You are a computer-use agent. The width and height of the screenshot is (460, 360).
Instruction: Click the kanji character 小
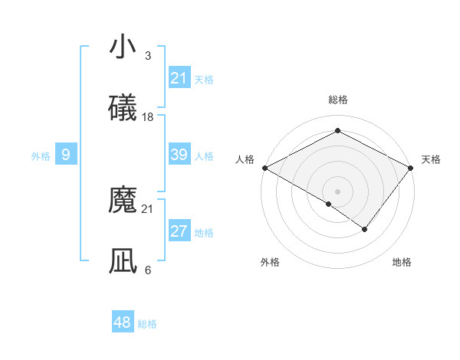pyautogui.click(x=123, y=47)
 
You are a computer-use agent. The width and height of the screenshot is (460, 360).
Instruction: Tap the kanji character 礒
pyautogui.click(x=123, y=108)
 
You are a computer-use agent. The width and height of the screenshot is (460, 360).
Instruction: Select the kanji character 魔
pyautogui.click(x=123, y=201)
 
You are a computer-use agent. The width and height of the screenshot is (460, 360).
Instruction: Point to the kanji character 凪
pyautogui.click(x=123, y=261)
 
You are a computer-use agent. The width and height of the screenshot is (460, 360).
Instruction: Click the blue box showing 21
pyautogui.click(x=179, y=78)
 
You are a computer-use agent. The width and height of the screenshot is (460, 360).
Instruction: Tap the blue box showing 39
pyautogui.click(x=179, y=155)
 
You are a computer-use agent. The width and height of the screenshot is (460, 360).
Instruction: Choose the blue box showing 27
pyautogui.click(x=179, y=231)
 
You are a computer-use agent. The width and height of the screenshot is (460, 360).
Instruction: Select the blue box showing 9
pyautogui.click(x=66, y=155)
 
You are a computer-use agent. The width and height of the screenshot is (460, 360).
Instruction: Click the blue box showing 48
pyautogui.click(x=123, y=322)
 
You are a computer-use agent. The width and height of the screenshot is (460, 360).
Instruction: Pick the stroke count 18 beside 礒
pyautogui.click(x=148, y=117)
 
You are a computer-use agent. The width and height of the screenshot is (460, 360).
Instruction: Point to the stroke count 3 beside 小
pyautogui.click(x=148, y=56)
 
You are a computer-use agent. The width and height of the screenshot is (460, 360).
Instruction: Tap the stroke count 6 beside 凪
pyautogui.click(x=148, y=270)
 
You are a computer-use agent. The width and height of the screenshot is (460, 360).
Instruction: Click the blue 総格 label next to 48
pyautogui.click(x=147, y=324)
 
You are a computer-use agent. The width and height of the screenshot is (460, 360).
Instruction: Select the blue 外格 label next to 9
pyautogui.click(x=41, y=156)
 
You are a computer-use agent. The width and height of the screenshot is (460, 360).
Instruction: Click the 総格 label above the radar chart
pyautogui.click(x=337, y=100)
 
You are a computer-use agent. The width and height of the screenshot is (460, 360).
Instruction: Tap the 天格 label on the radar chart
pyautogui.click(x=431, y=159)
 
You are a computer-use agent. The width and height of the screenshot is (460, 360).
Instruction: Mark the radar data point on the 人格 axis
pyautogui.click(x=264, y=168)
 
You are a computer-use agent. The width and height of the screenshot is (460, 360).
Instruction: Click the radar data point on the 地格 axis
pyautogui.click(x=365, y=229)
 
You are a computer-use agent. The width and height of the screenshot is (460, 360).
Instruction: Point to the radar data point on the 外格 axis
pyautogui.click(x=329, y=204)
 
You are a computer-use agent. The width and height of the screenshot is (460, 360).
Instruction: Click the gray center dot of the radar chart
pyautogui.click(x=337, y=191)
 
